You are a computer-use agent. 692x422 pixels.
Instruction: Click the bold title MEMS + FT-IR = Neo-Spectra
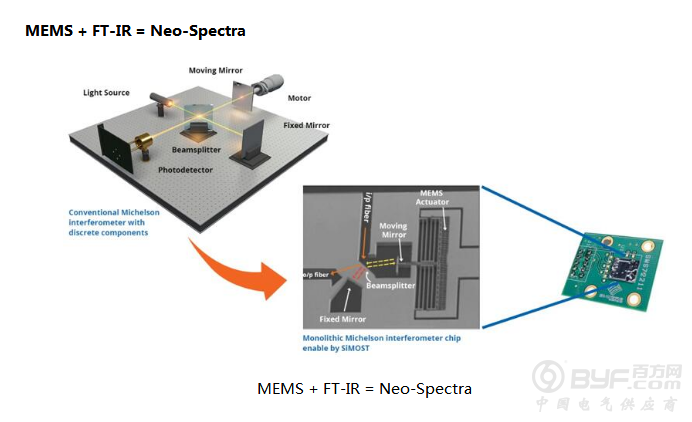[x=136, y=31]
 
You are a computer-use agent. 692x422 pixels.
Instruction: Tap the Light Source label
[x=106, y=93]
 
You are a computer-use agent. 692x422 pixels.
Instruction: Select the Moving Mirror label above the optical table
[x=216, y=71]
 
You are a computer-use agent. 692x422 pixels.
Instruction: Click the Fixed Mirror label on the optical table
[x=306, y=125]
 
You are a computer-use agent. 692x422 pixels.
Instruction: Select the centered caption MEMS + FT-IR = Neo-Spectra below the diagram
[x=364, y=388]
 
